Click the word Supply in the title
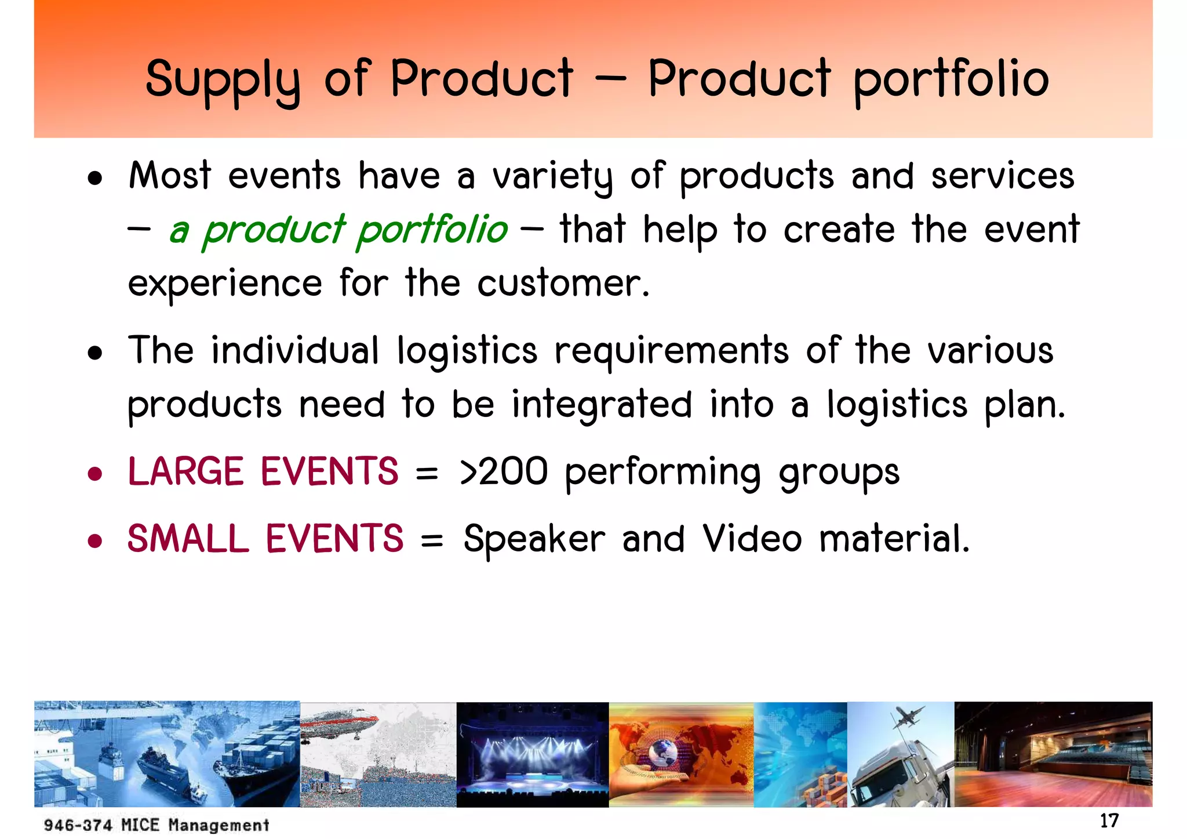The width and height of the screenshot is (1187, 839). [223, 80]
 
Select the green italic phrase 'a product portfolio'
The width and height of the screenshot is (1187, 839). [338, 230]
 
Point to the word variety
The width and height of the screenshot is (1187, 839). [552, 176]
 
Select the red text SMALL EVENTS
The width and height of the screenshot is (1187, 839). [265, 538]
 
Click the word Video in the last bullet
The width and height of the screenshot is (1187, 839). [752, 538]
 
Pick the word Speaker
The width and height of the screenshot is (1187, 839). [534, 539]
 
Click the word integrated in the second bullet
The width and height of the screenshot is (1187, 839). [602, 405]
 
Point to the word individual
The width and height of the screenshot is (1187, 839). [295, 351]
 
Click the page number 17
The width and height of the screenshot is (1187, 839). [1109, 821]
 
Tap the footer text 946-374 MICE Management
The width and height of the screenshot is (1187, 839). [156, 825]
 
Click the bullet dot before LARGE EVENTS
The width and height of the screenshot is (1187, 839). [95, 474]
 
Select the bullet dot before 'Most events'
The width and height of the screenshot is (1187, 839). [95, 179]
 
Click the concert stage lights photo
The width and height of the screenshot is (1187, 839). [532, 754]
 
